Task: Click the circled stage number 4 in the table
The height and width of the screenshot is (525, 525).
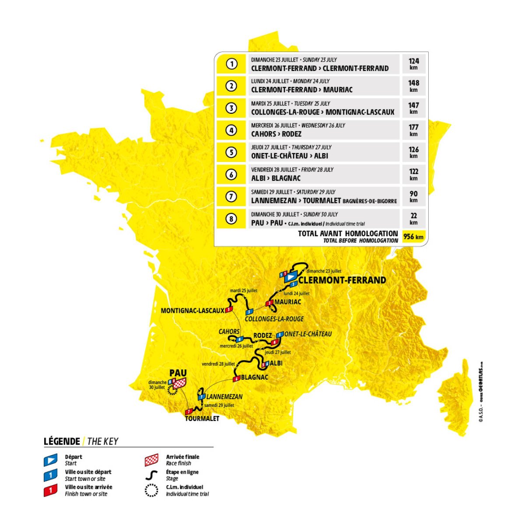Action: coord(231,130)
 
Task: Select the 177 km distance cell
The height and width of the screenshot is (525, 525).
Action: coord(413,130)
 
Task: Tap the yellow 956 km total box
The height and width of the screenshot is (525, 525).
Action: coord(413,237)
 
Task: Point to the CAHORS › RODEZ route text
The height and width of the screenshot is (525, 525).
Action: coord(276,134)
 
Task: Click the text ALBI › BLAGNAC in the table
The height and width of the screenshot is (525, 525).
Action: coord(276,178)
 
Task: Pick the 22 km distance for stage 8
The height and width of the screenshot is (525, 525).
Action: coord(413,219)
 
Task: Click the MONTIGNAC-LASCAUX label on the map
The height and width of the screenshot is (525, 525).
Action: coord(192,311)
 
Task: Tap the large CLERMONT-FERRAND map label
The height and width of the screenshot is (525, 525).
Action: coord(342,280)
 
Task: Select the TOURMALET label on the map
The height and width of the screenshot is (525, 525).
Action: coord(202,418)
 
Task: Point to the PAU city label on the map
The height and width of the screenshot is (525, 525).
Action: coord(178,373)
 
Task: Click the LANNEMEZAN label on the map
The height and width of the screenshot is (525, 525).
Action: coord(224,396)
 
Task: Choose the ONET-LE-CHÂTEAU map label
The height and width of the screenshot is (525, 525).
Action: coord(308,334)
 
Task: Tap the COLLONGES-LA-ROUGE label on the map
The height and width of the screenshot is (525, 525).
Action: coord(274,319)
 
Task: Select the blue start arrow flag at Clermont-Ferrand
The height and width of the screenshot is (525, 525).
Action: coord(290,277)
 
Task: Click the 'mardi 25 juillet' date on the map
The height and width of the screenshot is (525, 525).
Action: coord(244,290)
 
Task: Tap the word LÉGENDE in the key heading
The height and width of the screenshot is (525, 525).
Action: coord(62,441)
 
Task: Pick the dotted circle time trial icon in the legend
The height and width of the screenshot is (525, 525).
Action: coord(151,490)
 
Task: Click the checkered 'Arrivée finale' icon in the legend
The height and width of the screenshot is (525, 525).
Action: coord(151,460)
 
